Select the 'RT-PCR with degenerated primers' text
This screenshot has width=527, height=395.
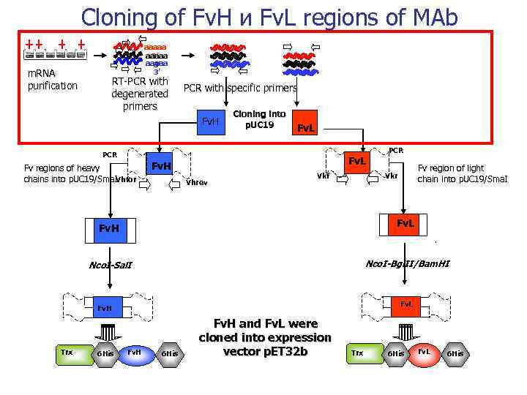140,94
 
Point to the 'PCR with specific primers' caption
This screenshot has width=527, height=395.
240,88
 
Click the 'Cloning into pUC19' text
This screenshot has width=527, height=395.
259,119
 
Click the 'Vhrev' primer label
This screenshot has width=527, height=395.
197,182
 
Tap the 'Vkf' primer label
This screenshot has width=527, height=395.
322,176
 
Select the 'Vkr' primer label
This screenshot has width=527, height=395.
392,176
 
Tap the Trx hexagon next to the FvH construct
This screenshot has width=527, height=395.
67,353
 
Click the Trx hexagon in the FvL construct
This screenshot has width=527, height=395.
357,353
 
